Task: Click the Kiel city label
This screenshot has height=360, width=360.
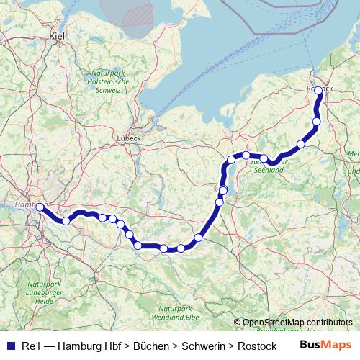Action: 56,35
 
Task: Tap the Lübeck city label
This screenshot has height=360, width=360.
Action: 129,138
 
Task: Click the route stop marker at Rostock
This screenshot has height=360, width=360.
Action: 318,91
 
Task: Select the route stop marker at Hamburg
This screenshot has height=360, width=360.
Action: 40,207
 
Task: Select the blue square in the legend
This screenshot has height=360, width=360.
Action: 10,346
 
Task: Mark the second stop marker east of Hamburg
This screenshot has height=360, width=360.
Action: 103,217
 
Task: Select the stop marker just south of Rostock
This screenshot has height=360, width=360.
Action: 316,122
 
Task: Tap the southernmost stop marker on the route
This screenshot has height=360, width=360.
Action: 164,249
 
